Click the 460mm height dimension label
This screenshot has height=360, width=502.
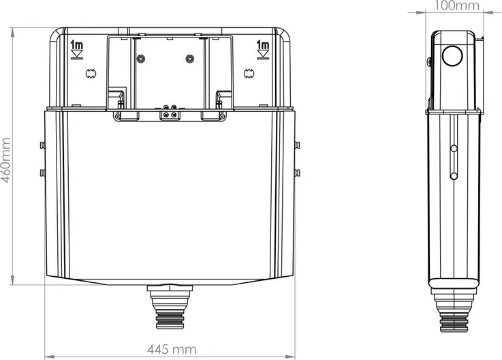click(5, 160)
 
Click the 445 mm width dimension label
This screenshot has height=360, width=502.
click(172, 349)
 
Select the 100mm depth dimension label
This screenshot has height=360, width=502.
click(457, 5)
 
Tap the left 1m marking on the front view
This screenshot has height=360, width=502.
click(76, 45)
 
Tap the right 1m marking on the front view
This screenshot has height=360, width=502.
click(263, 45)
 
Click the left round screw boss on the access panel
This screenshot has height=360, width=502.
click(140, 59)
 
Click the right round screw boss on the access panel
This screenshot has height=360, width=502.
click(190, 59)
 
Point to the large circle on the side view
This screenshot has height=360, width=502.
click(452, 56)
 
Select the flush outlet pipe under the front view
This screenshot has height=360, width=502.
click(170, 307)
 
